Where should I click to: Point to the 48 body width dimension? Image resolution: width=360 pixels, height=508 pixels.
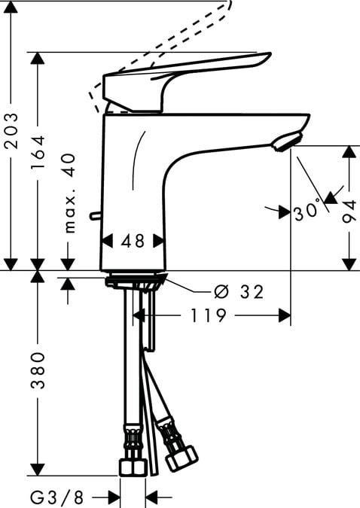tap(133, 241)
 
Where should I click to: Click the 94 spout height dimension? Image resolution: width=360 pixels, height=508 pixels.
tap(349, 207)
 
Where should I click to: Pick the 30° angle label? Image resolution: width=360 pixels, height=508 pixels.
tap(308, 211)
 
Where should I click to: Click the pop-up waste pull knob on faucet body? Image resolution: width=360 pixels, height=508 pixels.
tap(94, 216)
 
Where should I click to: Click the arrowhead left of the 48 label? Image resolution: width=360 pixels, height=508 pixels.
tap(105, 241)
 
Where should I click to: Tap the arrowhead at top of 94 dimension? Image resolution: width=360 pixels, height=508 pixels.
tap(349, 151)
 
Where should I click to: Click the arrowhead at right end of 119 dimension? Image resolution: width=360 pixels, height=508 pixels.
tap(285, 316)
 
